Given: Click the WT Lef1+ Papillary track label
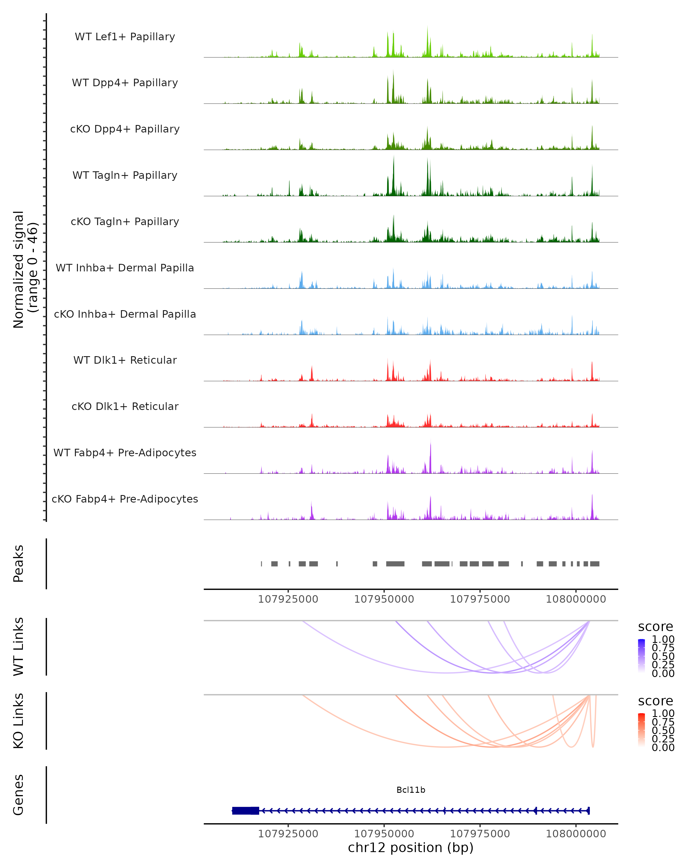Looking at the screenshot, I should coord(125,37).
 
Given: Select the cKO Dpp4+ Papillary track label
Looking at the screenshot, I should coord(125,129).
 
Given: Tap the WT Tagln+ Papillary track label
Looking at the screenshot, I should coord(125,176).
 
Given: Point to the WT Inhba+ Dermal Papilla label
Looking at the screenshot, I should coord(125,268).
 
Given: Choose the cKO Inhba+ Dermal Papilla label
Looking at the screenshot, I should coord(125,315).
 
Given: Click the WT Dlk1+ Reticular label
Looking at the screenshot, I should coord(125,360).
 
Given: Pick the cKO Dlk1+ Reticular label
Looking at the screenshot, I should coord(125,407).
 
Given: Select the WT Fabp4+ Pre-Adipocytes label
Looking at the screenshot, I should coord(125,453).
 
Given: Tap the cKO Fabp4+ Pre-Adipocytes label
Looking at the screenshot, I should coord(125,499).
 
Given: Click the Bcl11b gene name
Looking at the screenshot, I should coord(411,790).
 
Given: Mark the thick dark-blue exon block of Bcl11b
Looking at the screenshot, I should coord(245,811).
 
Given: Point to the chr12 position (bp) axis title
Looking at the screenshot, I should coord(411,847).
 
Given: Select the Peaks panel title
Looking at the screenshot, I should coord(19,564).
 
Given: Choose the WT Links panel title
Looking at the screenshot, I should coord(19,647).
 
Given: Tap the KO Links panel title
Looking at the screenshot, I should coord(19,721).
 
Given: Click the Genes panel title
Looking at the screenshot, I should coord(19,795).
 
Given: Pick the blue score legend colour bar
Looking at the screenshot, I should coord(641,655).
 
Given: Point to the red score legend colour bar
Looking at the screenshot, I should coord(641,729).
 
